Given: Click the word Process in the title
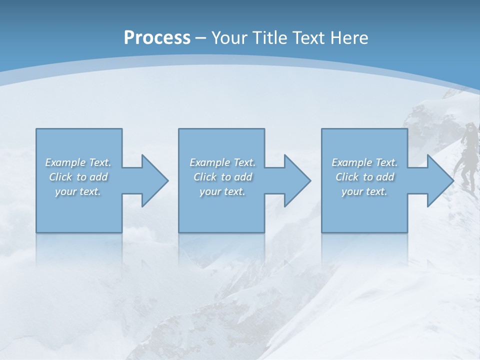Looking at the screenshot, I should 157,38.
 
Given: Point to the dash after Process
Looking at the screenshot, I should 201,38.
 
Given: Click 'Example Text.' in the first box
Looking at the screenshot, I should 78,162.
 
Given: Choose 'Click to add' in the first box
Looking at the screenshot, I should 78,177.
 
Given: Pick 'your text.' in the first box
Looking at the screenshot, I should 78,191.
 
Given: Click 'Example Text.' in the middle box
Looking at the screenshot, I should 222,162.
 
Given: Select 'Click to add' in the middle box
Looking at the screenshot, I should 222,177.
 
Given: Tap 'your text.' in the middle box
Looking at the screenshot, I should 222,191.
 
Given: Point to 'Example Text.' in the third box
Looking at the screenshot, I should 364,162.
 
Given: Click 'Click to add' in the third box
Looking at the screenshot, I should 364,177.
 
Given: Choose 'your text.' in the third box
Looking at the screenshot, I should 364,191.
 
